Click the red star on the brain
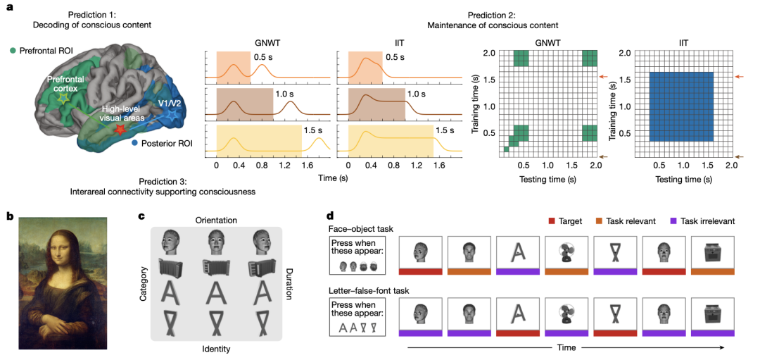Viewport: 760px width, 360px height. [x=120, y=129]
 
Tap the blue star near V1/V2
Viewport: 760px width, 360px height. [x=170, y=117]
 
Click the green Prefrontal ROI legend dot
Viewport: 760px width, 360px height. [x=13, y=51]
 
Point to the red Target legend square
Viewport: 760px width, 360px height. [x=553, y=221]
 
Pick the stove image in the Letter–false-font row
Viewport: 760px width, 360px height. [x=712, y=314]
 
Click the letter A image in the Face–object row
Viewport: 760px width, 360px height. [x=517, y=254]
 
